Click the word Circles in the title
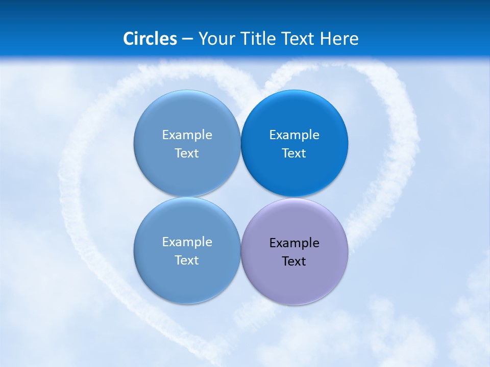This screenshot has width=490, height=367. coord(150,39)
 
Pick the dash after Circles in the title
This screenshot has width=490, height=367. coord(187,39)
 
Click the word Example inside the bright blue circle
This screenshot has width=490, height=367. coord(295,135)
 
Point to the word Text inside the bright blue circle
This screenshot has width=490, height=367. coord(294,153)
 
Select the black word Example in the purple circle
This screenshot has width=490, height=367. coord(295,243)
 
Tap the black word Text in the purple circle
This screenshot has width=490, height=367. coord(294,261)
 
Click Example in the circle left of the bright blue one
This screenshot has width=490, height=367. coord(187,135)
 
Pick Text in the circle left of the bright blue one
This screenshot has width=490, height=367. coord(187,153)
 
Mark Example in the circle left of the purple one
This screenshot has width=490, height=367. coord(187,242)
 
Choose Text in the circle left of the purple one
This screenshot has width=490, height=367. coord(187,260)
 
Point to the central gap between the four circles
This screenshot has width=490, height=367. coord(240,197)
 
